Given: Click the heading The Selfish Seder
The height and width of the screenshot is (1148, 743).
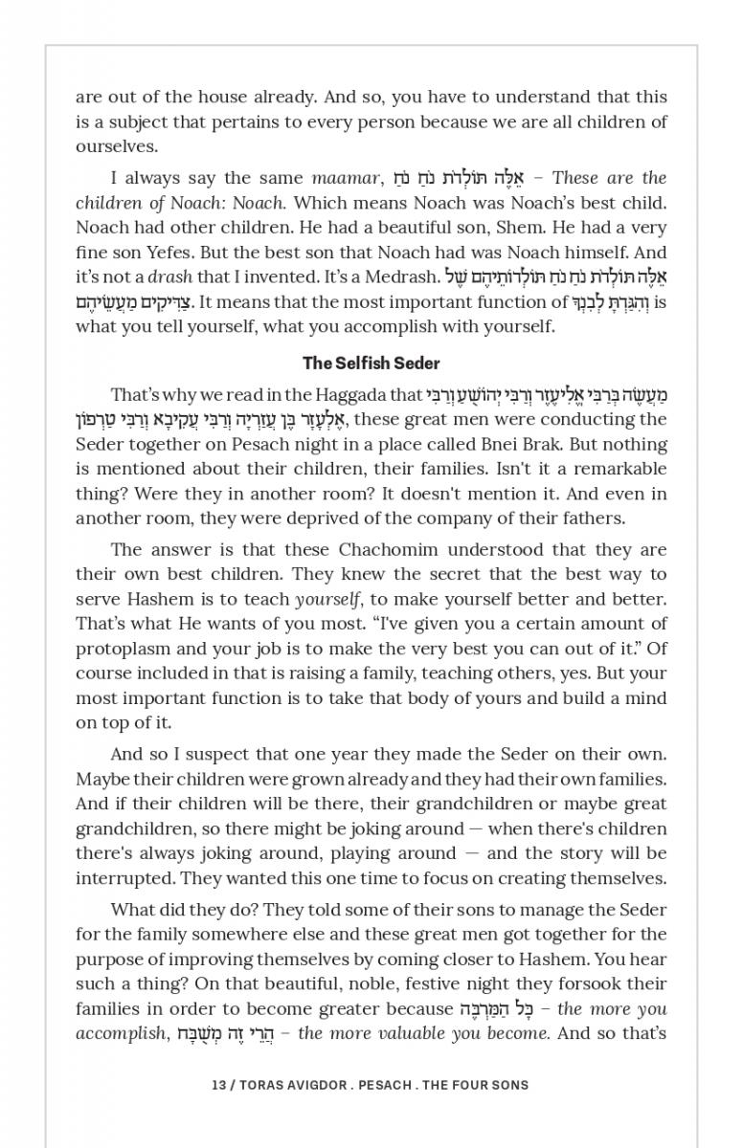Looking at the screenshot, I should [x=371, y=363].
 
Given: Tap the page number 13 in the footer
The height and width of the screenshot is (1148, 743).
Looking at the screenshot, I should [x=217, y=1085].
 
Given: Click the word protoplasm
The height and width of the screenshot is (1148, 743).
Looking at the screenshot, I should [x=119, y=649].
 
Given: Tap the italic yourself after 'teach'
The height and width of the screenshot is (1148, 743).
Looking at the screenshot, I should [x=329, y=599].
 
